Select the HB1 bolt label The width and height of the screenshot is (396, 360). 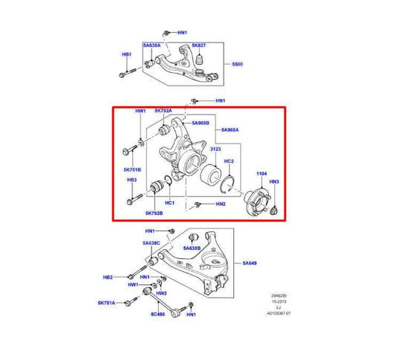click(127, 54)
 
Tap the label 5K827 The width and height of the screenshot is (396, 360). click(198, 45)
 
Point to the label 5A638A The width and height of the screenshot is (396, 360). click(152, 45)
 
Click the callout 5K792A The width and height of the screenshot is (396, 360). click(163, 111)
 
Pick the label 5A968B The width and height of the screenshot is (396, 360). click(201, 123)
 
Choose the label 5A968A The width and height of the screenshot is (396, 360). click(227, 130)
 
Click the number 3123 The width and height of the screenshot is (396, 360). click(215, 150)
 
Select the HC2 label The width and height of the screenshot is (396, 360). click(229, 161)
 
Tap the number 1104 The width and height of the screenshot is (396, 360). click(262, 173)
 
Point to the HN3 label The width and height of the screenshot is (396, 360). click(274, 181)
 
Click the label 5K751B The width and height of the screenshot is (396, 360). click(132, 170)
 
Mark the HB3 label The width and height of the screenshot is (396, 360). click(132, 179)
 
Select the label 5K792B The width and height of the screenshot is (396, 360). click(154, 213)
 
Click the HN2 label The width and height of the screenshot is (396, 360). click(221, 204)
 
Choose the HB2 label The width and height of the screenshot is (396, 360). click(108, 277)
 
